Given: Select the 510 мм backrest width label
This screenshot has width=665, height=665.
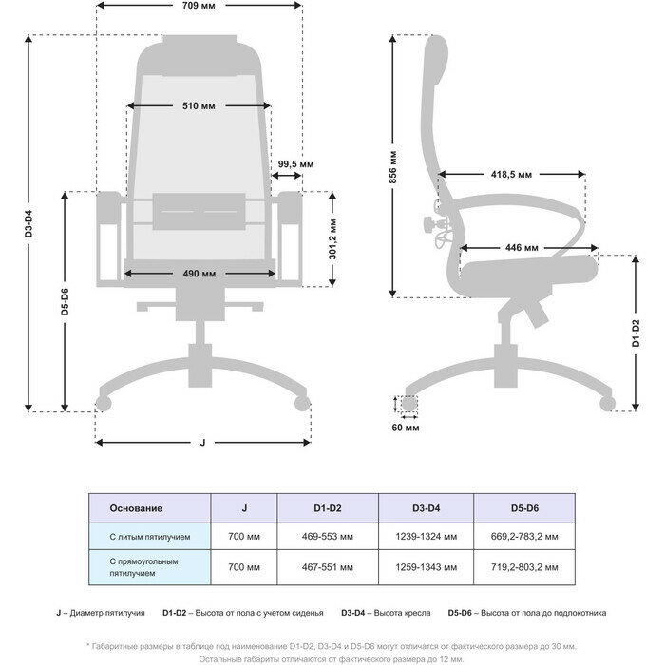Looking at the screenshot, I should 198,105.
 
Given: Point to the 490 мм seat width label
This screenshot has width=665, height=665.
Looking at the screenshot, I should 199,274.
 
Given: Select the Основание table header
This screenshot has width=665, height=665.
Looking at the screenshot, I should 136,508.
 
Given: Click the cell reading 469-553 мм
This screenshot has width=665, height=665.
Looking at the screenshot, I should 327,537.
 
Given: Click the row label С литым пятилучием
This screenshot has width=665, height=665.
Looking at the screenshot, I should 150,537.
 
